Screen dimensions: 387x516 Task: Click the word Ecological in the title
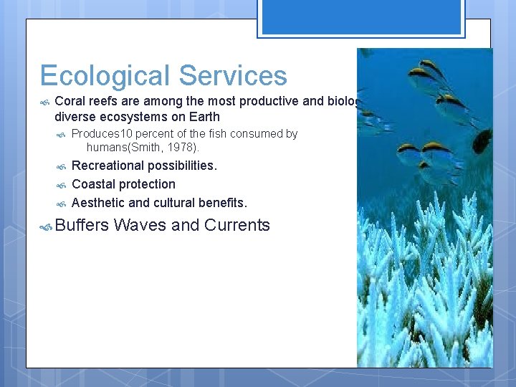[x=105, y=77]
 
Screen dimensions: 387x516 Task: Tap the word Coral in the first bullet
[x=70, y=101]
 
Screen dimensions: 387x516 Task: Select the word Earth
[x=204, y=117]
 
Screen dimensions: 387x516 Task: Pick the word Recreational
[x=107, y=166]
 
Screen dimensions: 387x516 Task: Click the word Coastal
[x=94, y=184]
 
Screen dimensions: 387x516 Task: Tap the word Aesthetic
[x=98, y=203]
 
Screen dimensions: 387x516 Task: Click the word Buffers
[x=82, y=225]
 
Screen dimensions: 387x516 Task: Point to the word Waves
[x=140, y=225]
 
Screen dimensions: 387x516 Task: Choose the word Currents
[x=236, y=225]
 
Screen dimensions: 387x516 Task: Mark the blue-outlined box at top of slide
[x=361, y=18]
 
